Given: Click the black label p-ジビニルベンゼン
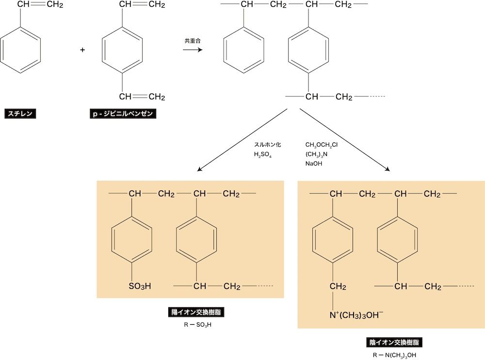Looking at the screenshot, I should pyautogui.click(x=124, y=114).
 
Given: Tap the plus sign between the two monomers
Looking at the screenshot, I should pyautogui.click(x=82, y=49).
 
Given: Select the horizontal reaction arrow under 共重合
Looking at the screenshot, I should pyautogui.click(x=193, y=50).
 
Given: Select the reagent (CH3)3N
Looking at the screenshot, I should pyautogui.click(x=316, y=154).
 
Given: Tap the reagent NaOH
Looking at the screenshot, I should pyautogui.click(x=314, y=164).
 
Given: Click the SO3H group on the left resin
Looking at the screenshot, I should pyautogui.click(x=140, y=286).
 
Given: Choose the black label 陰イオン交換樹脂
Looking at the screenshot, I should pyautogui.click(x=394, y=343).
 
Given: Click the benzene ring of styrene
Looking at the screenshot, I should pyautogui.click(x=20, y=49).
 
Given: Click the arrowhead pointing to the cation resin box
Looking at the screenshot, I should pyautogui.click(x=199, y=170).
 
